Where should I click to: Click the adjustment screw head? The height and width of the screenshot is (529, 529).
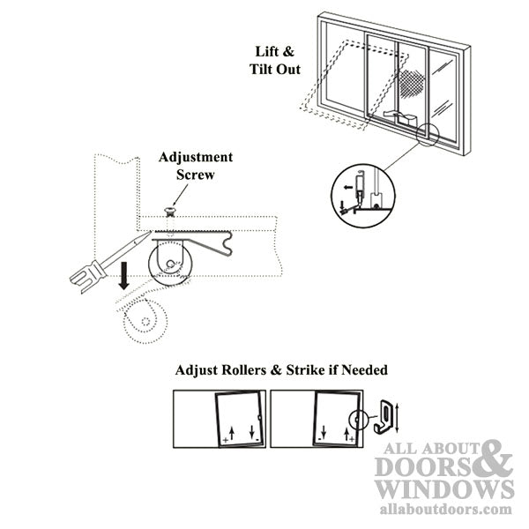(169, 212)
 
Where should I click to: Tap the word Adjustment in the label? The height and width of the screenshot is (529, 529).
(196, 157)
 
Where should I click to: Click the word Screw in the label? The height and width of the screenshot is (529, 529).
(196, 175)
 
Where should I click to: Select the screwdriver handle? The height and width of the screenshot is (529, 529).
(87, 274)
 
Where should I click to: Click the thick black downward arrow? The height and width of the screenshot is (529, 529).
(124, 276)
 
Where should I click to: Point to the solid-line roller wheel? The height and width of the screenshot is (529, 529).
(170, 264)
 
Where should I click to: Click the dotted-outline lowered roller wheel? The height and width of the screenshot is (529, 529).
(145, 322)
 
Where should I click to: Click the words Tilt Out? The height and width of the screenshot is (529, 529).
(275, 69)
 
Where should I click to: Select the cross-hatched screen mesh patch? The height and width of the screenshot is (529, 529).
(411, 84)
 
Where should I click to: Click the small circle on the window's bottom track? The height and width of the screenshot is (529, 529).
(428, 135)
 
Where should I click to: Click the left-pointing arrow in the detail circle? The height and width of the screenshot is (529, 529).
(348, 187)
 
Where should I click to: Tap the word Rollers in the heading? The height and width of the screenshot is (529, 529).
(243, 370)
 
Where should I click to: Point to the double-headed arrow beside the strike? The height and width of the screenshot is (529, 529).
(397, 418)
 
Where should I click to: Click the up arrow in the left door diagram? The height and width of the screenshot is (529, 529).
(231, 433)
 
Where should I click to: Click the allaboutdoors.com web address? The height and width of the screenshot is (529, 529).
(445, 510)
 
